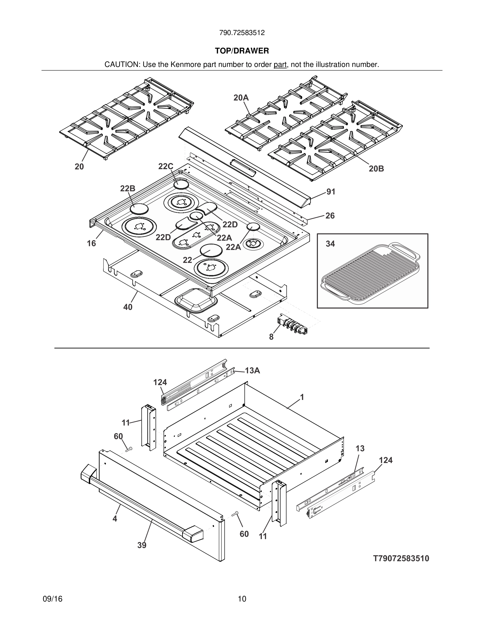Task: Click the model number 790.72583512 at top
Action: pos(242,33)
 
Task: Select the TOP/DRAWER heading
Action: pos(242,51)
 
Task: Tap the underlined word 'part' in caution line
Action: pos(280,65)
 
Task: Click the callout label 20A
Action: pos(241,98)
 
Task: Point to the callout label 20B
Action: pos(376,169)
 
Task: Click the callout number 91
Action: pos(331,192)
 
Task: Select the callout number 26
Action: pos(330,216)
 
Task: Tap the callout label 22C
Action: pos(166,167)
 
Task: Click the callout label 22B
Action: pos(128,189)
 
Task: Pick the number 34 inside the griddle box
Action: pos(330,244)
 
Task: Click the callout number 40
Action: pos(128,307)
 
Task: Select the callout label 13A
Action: pos(252,371)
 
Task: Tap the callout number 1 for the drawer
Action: pos(302,397)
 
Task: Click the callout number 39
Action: pos(142,545)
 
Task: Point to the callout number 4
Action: pos(115,519)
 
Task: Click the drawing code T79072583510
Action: pos(401,559)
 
